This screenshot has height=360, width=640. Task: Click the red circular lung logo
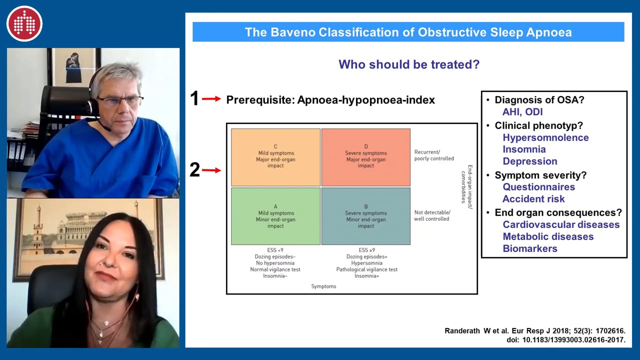(x=24, y=23)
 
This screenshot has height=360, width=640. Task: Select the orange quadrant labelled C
(x=275, y=157)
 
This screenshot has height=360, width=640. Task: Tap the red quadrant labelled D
(x=366, y=157)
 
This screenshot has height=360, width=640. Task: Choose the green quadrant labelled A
(x=275, y=216)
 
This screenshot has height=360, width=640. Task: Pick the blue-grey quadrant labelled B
(x=366, y=216)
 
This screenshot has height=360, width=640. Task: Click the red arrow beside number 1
(x=211, y=99)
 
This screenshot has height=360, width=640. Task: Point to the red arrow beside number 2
(x=211, y=170)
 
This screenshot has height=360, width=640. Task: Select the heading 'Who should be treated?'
(x=409, y=64)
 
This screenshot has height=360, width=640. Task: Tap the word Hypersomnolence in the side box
(x=545, y=137)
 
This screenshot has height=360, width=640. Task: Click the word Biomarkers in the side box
(x=530, y=248)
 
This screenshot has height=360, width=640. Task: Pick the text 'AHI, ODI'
(x=522, y=111)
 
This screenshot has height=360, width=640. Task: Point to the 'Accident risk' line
(x=533, y=199)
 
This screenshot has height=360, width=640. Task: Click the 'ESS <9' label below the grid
(x=275, y=250)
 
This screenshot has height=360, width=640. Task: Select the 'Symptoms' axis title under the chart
(x=323, y=286)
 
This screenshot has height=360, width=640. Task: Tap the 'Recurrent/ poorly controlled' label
(x=434, y=155)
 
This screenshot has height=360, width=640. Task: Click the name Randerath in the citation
(x=462, y=331)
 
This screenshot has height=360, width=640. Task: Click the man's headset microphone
(x=106, y=128)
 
